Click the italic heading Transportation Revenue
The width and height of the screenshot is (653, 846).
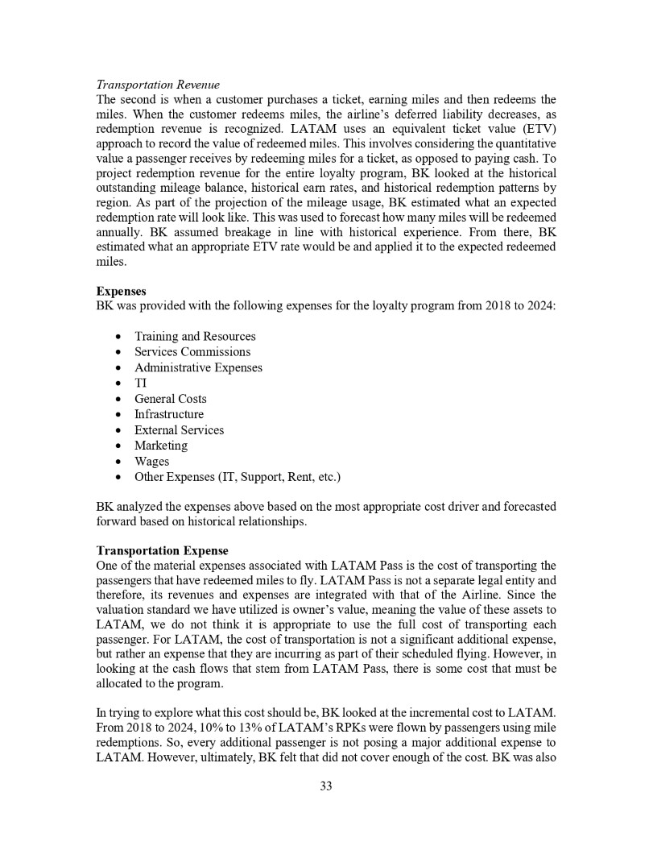click(158, 85)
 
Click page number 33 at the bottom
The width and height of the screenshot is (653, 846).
click(325, 786)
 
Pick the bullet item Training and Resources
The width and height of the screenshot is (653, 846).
click(195, 336)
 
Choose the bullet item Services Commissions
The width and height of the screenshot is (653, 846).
click(192, 351)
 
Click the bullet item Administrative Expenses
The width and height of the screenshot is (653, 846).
click(198, 367)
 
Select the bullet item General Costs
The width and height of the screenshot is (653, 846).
click(170, 399)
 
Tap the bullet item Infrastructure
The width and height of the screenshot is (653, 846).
click(169, 414)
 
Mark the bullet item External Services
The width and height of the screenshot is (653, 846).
click(179, 430)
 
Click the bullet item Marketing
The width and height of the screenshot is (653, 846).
click(161, 446)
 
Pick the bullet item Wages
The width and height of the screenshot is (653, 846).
click(151, 462)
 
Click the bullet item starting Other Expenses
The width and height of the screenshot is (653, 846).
click(238, 477)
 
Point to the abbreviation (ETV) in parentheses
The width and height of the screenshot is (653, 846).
click(535, 131)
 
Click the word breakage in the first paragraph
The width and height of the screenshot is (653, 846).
click(229, 233)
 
